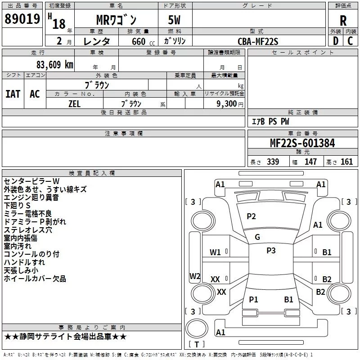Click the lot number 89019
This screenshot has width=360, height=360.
click(22, 19)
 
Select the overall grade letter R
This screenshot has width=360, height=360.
click(343, 21)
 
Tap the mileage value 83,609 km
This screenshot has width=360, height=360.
click(55, 65)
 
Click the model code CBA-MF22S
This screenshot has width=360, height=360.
click(258, 41)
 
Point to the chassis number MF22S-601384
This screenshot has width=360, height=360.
click(302, 143)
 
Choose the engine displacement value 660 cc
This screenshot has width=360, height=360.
click(143, 42)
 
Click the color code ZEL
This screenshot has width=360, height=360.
click(74, 104)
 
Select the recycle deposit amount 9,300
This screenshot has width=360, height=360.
click(227, 104)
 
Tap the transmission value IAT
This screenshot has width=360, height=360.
click(13, 94)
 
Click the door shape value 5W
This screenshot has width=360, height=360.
click(174, 20)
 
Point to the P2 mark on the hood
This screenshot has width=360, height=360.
click(251, 216)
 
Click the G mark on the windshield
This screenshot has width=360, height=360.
click(257, 237)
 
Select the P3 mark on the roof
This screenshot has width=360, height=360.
click(271, 251)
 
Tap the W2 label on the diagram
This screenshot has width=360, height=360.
click(195, 276)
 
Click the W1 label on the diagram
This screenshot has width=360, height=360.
click(215, 252)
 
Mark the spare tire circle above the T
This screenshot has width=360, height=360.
click(197, 328)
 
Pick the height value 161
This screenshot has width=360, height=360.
click(346, 162)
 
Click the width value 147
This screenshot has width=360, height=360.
click(310, 162)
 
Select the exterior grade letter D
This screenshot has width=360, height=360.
click(336, 41)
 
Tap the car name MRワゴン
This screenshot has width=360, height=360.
click(117, 20)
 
